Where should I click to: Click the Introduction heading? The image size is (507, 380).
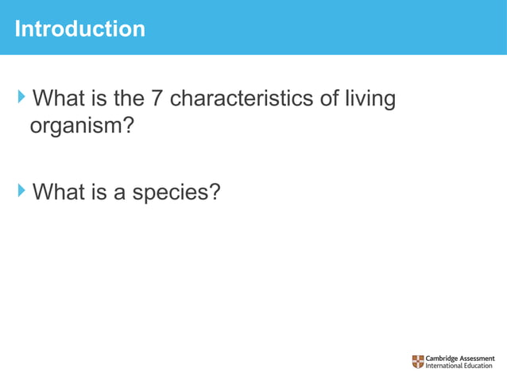pos(80,29)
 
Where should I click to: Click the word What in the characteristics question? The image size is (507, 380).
pos(60,99)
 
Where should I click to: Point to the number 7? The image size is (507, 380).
pos(157,99)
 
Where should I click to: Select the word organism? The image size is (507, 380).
pos(80,126)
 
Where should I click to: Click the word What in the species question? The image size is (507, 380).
pos(60,192)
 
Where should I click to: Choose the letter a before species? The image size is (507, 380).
pos(120,192)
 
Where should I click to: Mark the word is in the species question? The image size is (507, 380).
pos(101,192)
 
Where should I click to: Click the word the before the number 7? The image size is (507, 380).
pos(130,99)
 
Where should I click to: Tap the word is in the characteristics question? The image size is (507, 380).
pos(101,99)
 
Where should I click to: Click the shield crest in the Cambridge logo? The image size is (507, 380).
pos(418,362)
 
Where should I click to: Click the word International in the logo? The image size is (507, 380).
pos(447,366)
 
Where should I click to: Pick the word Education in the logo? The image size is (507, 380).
pos(482,366)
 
